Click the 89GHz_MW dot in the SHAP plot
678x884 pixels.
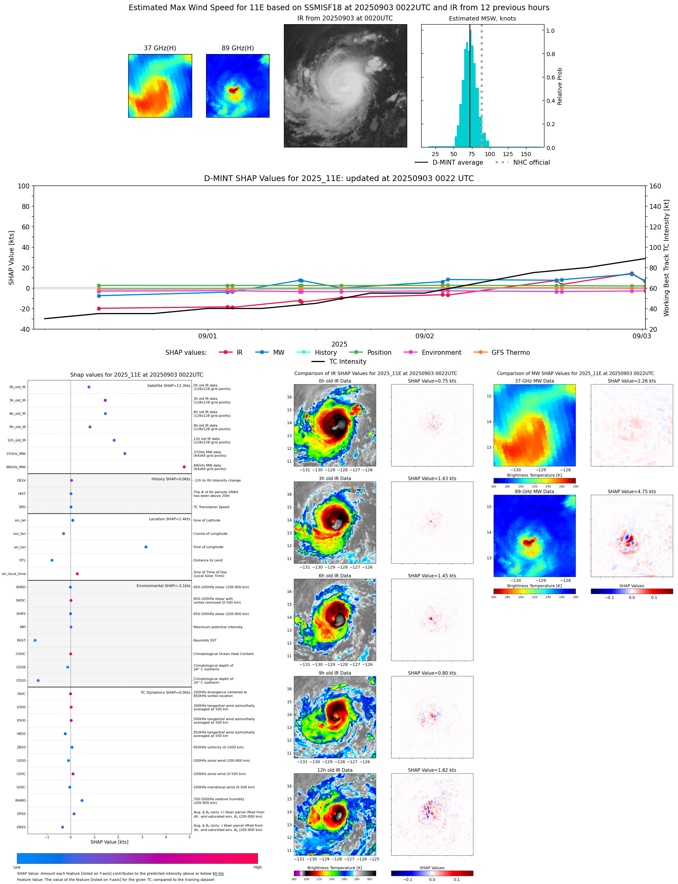pos(184,467)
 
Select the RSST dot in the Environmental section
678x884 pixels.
pos(35,640)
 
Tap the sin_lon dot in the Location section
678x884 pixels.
pos(146,547)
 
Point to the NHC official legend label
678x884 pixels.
pos(531,162)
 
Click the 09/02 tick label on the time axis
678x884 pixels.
pos(424,336)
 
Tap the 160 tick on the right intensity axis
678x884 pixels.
pos(655,186)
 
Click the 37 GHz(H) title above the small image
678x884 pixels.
pos(160,48)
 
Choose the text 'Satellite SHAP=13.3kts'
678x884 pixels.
pos(168,385)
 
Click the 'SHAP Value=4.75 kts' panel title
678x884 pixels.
pos(631,491)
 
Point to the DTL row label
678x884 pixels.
pos(22,560)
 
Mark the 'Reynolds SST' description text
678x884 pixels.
pos(205,640)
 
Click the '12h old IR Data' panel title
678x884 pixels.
pos(334,770)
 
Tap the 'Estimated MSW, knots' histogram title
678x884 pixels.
pos(482,18)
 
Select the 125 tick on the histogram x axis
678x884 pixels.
pos(508,154)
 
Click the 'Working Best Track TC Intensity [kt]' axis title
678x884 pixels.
pos(666,258)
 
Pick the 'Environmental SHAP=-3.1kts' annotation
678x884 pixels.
pos(163,586)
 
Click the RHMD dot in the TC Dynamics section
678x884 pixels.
pos(82,800)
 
